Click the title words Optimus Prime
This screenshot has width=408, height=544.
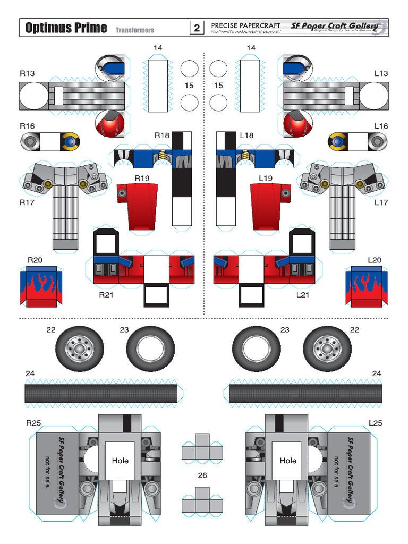pyautogui.click(x=66, y=28)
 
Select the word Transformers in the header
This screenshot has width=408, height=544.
pyautogui.click(x=135, y=30)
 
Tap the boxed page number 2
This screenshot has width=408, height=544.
pyautogui.click(x=197, y=28)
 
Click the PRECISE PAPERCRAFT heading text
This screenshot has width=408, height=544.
pyautogui.click(x=245, y=25)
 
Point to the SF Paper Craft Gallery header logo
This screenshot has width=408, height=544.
pyautogui.click(x=335, y=26)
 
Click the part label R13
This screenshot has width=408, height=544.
pyautogui.click(x=27, y=73)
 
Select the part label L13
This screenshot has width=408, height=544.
pyautogui.click(x=381, y=73)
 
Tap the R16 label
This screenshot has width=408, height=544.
pyautogui.click(x=27, y=126)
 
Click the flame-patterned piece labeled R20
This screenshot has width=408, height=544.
pyautogui.click(x=41, y=286)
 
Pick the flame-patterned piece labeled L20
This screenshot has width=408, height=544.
pyautogui.click(x=367, y=286)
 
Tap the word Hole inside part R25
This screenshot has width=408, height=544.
pyautogui.click(x=120, y=461)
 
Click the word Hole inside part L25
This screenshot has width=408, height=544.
pyautogui.click(x=288, y=461)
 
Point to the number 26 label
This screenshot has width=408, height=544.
pyautogui.click(x=202, y=475)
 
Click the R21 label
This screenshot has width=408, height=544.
pyautogui.click(x=107, y=294)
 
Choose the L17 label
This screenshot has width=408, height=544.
pyautogui.click(x=381, y=202)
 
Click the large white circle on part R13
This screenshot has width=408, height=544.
pyautogui.click(x=34, y=97)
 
